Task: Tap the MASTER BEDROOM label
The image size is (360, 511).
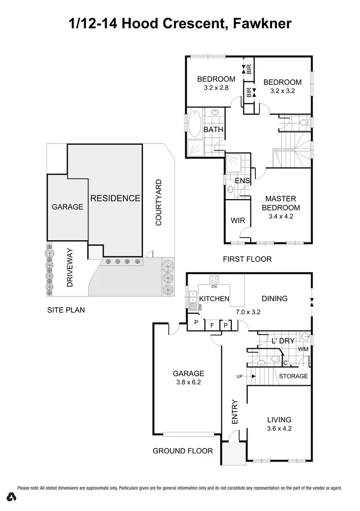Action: click(281, 203)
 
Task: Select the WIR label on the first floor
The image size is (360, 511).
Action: click(239, 221)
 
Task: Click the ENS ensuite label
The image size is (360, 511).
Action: click(242, 181)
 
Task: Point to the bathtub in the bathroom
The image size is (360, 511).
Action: click(195, 124)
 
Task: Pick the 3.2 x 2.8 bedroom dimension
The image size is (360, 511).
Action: click(216, 88)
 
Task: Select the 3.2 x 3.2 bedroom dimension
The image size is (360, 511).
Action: click(282, 91)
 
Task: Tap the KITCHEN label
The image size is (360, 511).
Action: click(214, 299)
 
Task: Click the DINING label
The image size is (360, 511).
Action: click(275, 298)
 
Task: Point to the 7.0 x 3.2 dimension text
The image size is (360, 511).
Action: click(248, 311)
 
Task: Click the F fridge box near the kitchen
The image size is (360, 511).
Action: click(212, 326)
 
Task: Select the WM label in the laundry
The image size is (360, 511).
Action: click(303, 350)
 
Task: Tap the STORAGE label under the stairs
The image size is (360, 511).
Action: click(293, 376)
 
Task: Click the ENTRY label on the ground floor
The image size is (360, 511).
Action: click(235, 411)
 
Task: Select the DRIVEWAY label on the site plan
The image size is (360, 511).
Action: click(70, 267)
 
